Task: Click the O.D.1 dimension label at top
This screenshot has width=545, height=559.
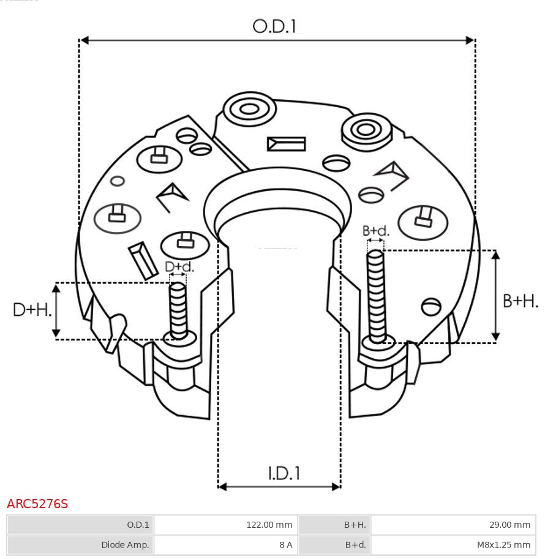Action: [x=274, y=26]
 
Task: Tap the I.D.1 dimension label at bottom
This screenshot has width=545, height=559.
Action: [x=284, y=473]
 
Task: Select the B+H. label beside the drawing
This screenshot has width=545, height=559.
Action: [x=520, y=301]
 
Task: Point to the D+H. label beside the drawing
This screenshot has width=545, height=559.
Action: [x=32, y=310]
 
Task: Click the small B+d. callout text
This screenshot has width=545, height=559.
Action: [x=375, y=231]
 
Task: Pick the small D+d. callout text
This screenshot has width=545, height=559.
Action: [x=179, y=267]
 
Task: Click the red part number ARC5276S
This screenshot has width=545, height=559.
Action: [x=37, y=504]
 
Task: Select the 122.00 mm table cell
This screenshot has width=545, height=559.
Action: [x=269, y=525]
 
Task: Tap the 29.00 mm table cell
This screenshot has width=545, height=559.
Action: [x=509, y=525]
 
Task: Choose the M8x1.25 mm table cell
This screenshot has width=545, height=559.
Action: [x=503, y=545]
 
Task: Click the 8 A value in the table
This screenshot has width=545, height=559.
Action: [x=286, y=545]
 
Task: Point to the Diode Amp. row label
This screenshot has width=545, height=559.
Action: [x=125, y=545]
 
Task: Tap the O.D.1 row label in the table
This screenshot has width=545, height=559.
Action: [x=138, y=525]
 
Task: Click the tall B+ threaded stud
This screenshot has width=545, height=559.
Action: [x=376, y=296]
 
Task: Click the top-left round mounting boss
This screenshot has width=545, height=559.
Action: [x=250, y=110]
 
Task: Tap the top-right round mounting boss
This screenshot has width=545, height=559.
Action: [x=367, y=132]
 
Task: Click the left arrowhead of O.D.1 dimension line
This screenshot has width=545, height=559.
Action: [x=84, y=40]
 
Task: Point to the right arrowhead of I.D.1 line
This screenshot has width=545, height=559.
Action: [x=336, y=487]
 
